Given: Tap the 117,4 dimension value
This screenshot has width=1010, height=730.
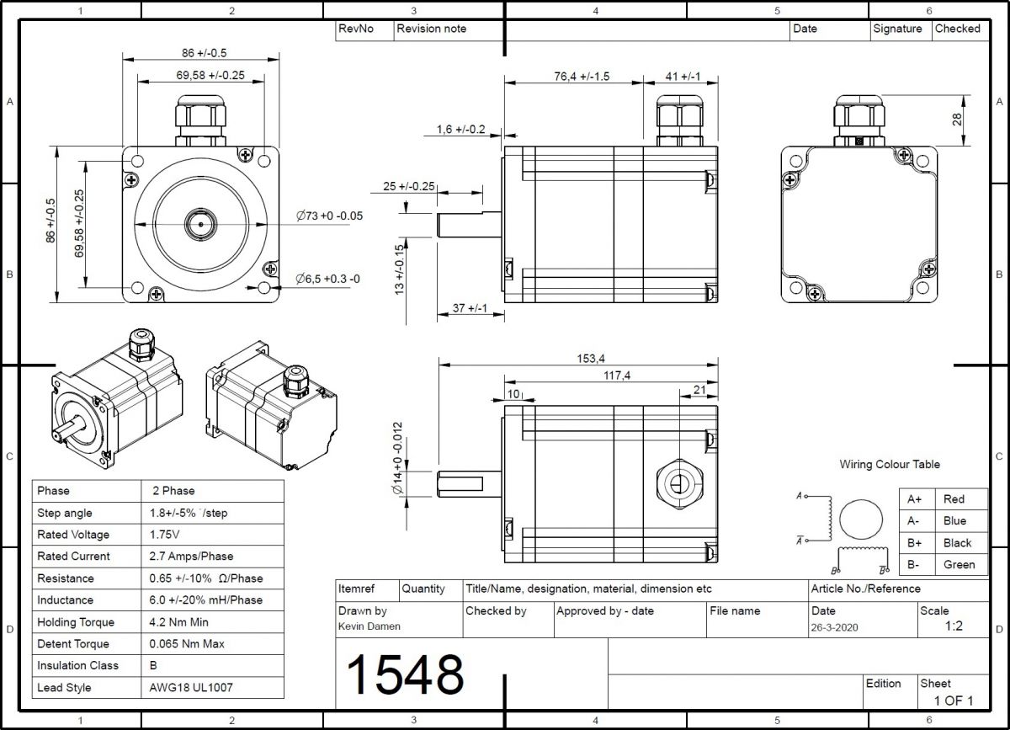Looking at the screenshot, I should (616, 376).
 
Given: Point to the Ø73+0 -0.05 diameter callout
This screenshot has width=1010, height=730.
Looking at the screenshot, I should (329, 216).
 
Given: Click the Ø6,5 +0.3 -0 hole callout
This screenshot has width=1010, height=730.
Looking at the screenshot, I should (327, 279).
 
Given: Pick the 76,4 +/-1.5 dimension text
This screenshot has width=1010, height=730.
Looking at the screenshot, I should (582, 76).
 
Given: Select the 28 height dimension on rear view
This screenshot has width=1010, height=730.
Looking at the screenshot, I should (957, 119).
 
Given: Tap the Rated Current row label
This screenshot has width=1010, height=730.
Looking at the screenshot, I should (73, 557).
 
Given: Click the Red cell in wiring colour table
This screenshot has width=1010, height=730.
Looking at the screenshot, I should (954, 499).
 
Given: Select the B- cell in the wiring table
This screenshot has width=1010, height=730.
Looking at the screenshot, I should (914, 565).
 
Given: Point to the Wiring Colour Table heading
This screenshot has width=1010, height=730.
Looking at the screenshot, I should (889, 465).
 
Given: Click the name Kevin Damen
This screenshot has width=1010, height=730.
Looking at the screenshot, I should (369, 626).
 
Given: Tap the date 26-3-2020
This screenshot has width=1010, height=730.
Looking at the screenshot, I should (835, 627).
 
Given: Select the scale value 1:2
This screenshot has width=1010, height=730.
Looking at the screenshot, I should (954, 626).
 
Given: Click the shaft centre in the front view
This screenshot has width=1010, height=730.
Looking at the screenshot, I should (200, 225).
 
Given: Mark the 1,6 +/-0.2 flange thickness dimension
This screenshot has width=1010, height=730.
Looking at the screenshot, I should (460, 129).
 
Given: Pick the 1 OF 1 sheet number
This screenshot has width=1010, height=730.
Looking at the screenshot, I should (953, 701).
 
